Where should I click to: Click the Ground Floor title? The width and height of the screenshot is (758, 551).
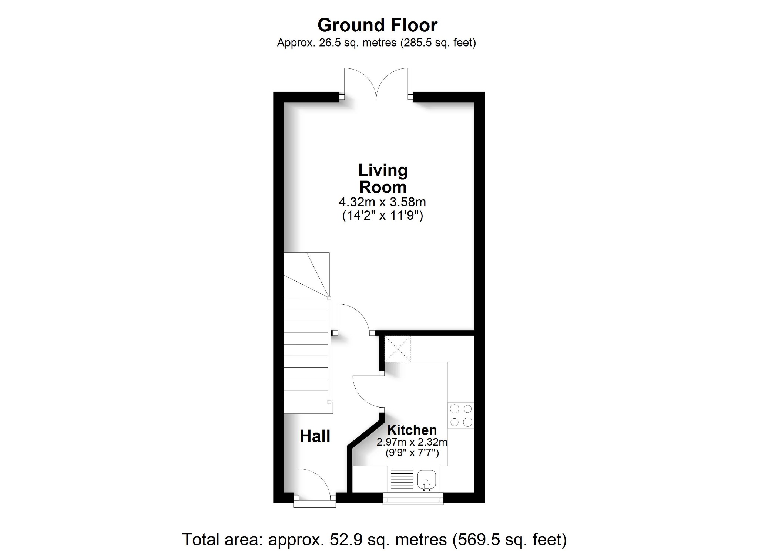point(377,25)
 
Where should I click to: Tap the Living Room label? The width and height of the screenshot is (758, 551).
point(383,179)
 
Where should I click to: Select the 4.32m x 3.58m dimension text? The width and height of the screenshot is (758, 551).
point(382,202)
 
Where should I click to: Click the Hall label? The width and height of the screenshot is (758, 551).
point(315,436)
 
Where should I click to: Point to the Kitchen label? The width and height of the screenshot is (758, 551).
point(412,430)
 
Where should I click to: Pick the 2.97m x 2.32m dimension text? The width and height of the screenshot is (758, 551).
point(412,442)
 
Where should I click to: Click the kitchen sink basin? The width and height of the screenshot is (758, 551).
point(427,481)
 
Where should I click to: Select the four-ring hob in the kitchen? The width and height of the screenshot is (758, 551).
point(461,415)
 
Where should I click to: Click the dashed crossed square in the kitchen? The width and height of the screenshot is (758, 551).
point(398,349)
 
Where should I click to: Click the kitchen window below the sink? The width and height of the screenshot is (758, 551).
point(413,499)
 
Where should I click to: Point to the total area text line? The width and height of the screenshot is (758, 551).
point(374,540)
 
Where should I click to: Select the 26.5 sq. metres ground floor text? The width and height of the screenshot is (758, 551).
point(376,43)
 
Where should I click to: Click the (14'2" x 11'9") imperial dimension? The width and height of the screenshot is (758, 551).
point(382,216)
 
